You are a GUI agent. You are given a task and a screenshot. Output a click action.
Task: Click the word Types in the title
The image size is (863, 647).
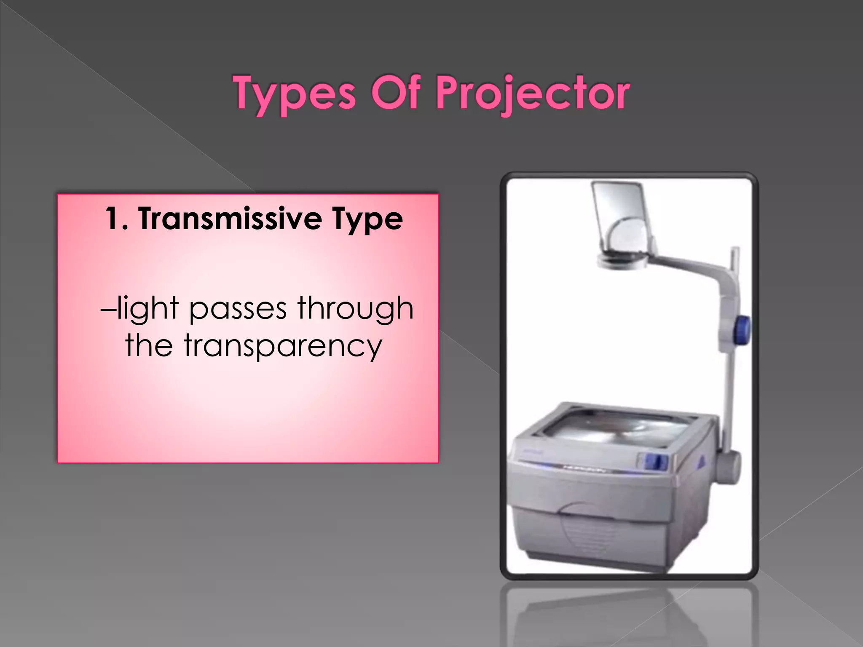(x=295, y=94)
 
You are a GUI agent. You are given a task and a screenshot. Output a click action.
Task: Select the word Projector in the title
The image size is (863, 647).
(x=532, y=94)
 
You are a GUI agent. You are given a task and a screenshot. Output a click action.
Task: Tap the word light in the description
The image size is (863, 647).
(x=148, y=309)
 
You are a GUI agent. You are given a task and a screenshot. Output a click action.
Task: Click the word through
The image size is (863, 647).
(x=355, y=309)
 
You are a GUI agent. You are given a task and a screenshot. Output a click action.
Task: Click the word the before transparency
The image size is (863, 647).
(x=149, y=345)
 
